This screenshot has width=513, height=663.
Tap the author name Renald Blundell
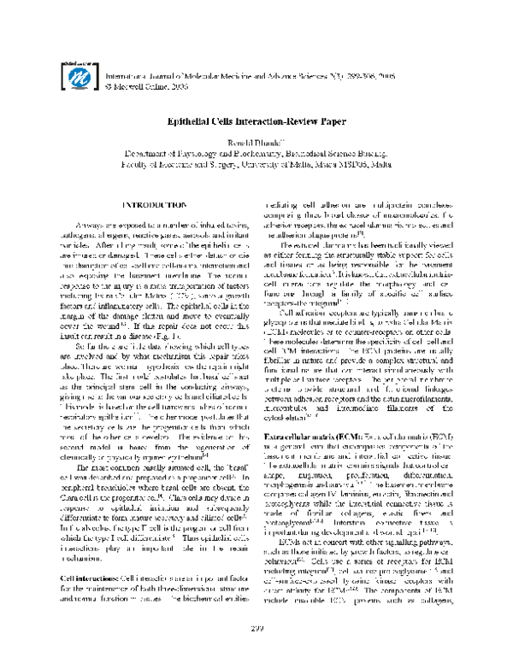click(x=256, y=147)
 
